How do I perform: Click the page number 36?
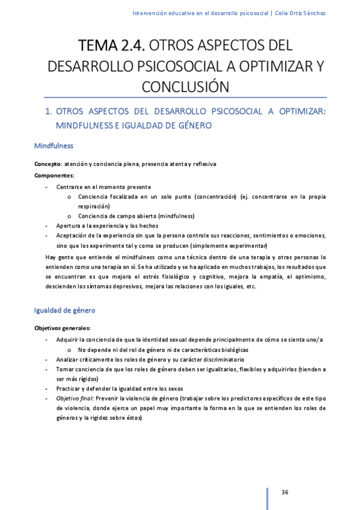(x=285, y=493)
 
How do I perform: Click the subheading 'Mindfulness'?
(x=53, y=146)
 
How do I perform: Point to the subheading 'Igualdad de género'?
(x=64, y=310)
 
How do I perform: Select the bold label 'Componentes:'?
(x=54, y=175)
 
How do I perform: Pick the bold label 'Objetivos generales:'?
(x=63, y=328)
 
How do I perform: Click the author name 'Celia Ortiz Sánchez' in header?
(x=300, y=13)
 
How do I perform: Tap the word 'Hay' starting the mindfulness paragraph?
(x=52, y=257)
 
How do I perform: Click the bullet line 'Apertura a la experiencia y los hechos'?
(x=107, y=226)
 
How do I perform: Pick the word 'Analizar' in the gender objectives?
(x=68, y=359)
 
